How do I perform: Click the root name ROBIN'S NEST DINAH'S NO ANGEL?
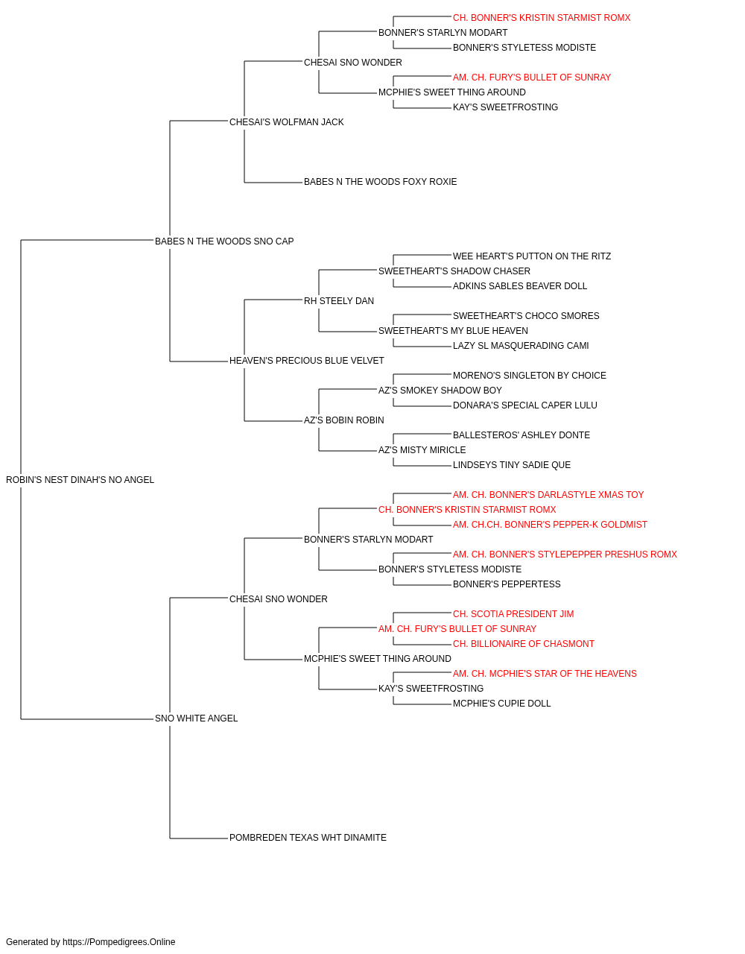(x=80, y=480)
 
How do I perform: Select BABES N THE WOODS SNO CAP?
(x=224, y=241)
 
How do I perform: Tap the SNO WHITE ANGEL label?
(x=196, y=718)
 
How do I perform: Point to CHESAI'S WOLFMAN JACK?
(x=287, y=122)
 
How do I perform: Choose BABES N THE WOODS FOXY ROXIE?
(x=381, y=182)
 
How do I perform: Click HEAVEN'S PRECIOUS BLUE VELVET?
(x=307, y=361)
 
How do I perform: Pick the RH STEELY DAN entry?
(x=339, y=301)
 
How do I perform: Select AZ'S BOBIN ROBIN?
(x=344, y=420)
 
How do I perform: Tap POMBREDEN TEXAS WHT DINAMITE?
(x=308, y=838)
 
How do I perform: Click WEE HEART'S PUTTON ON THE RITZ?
(x=532, y=256)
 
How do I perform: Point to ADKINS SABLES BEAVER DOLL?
(x=520, y=286)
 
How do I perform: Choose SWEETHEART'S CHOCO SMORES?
(x=526, y=316)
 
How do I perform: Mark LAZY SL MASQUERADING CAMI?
(x=521, y=346)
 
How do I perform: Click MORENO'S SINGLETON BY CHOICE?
(x=530, y=376)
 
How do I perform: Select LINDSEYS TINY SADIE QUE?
(x=512, y=465)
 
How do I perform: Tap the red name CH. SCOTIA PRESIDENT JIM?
(x=513, y=614)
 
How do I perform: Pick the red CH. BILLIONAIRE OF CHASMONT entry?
(x=524, y=644)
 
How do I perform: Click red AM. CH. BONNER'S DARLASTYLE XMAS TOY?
(x=548, y=495)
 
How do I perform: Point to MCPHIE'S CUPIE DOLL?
(x=501, y=704)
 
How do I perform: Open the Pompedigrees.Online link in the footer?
(x=119, y=942)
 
